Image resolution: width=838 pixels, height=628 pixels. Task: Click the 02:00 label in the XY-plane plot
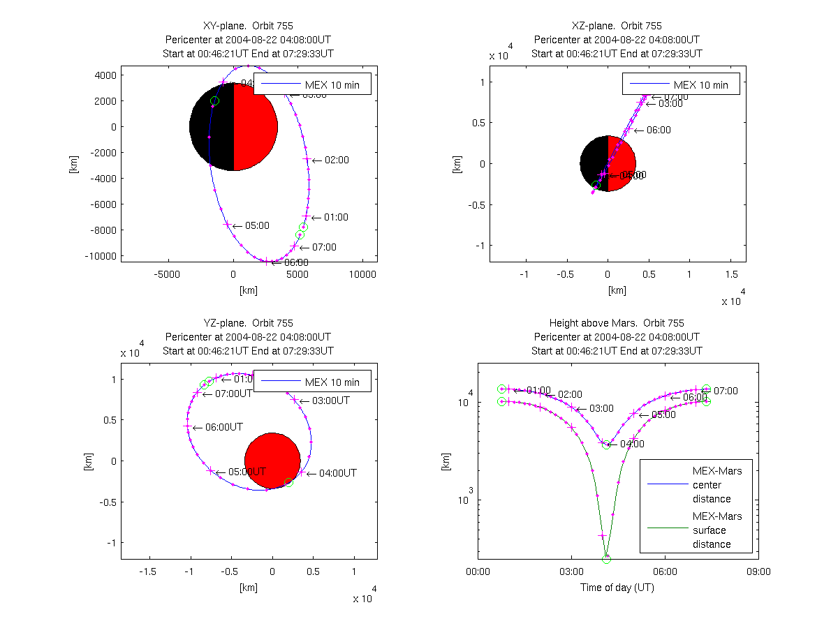coord(337,160)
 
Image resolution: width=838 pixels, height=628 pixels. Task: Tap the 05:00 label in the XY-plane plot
coord(257,225)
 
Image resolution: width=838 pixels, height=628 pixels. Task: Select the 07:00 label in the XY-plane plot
coord(324,247)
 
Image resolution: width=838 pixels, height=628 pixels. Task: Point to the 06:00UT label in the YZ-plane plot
coord(224,426)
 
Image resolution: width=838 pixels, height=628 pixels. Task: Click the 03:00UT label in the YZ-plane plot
coord(330,401)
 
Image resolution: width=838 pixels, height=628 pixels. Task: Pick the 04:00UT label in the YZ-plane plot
coord(337,473)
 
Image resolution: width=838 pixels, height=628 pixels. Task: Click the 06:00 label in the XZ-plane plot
coord(659,130)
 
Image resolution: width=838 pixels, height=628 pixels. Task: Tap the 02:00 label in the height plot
coord(570,395)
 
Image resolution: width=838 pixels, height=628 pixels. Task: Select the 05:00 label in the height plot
coord(663,414)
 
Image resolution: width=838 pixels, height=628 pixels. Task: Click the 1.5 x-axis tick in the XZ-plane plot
coord(730,275)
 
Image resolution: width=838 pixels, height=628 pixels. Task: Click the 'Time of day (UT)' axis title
coord(617,588)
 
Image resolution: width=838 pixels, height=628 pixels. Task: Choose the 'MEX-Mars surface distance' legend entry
coord(716,530)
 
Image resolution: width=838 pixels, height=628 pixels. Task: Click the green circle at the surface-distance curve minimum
coord(606,559)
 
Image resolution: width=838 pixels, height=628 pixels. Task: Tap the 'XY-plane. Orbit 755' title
coord(248,26)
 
